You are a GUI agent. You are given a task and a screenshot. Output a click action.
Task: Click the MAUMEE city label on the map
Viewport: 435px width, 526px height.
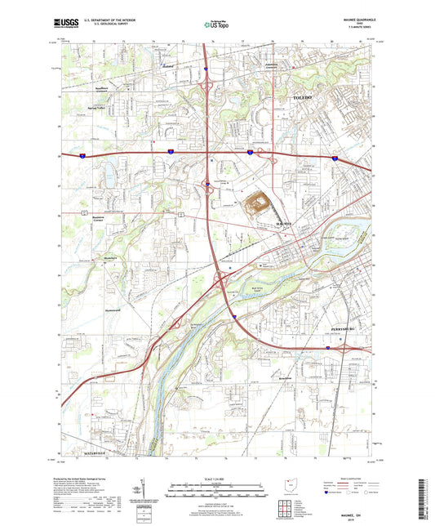click(x=283, y=222)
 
